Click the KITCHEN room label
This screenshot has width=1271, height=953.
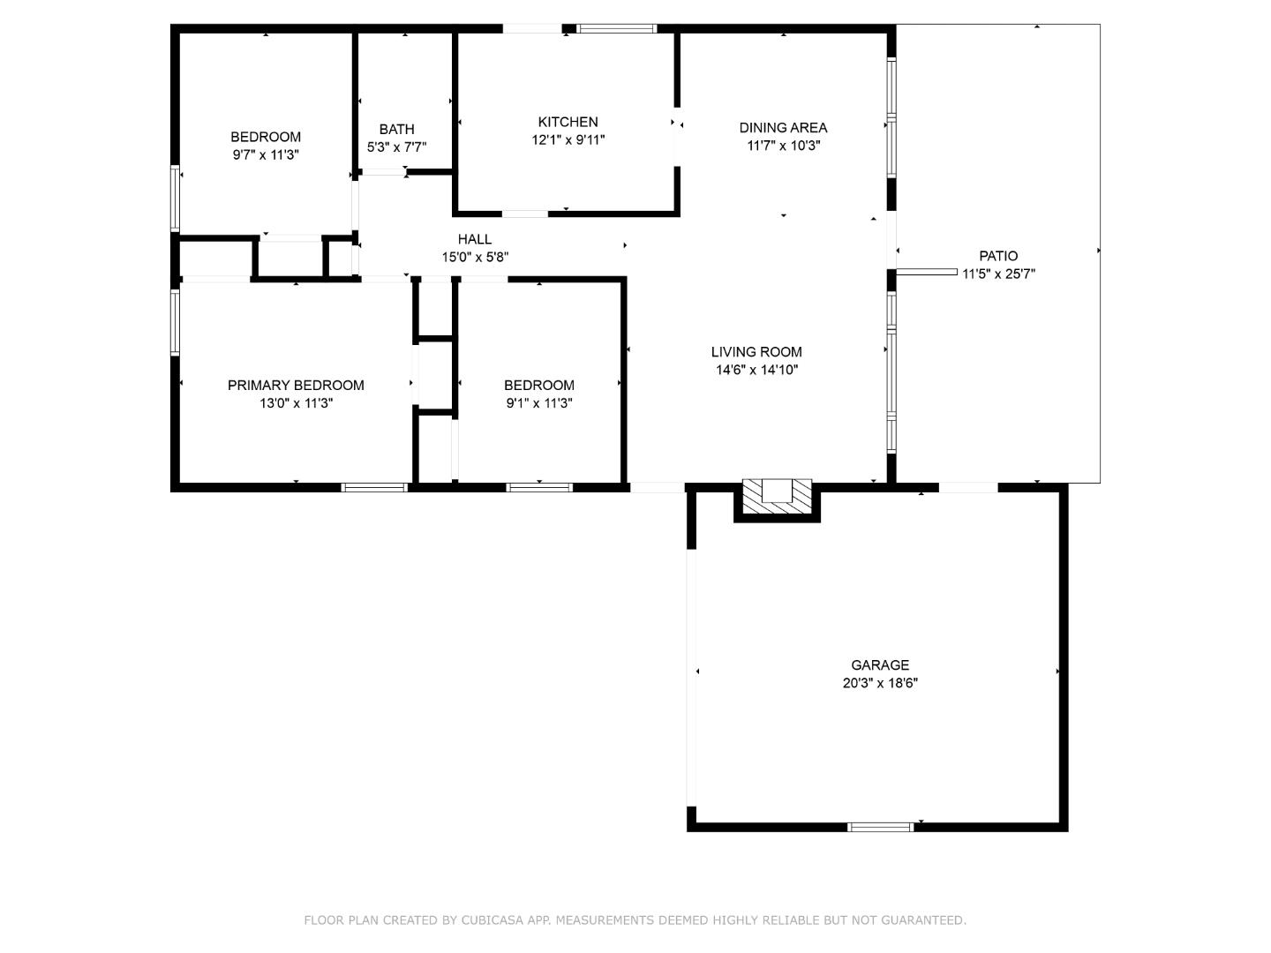coord(568,122)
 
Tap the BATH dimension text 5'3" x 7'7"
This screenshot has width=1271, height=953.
coord(396,147)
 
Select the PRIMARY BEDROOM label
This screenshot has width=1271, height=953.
coord(296,385)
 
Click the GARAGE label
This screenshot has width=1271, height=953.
coord(879,664)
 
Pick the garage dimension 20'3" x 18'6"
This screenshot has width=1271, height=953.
coord(879,683)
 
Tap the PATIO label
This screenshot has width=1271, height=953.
coord(997,256)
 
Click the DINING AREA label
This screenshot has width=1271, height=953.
coord(783,128)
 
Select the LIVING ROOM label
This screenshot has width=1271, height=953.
coord(756,351)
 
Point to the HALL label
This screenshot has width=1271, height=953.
coord(474,239)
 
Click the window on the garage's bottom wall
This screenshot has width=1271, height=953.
coord(880,827)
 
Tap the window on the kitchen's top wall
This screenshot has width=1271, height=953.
coord(617,28)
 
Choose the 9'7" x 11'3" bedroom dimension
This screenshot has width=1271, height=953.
coord(266,154)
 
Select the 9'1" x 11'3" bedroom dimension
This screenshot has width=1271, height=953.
coord(538,403)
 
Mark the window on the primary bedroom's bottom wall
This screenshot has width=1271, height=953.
coord(374,486)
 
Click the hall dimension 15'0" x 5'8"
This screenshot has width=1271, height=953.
coord(474,257)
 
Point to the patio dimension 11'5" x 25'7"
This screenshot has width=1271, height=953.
coord(997,274)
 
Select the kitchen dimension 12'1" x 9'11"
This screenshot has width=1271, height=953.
coord(568,139)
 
